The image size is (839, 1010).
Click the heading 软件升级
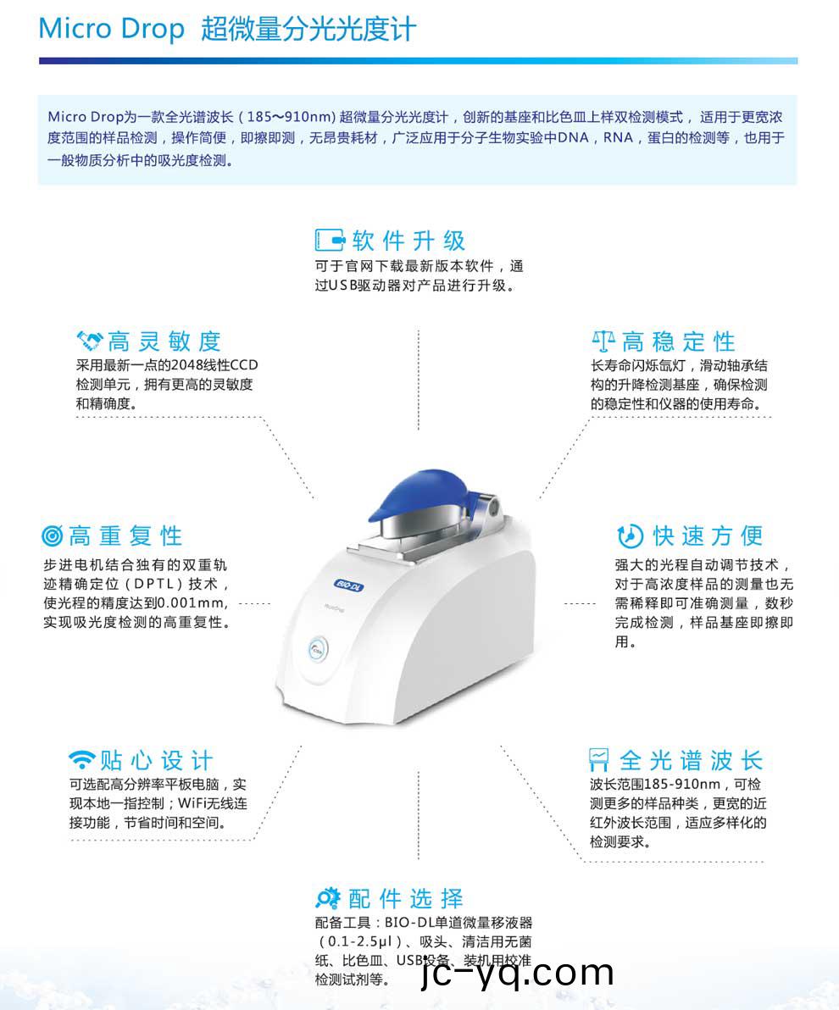408,241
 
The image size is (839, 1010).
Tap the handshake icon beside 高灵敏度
89,341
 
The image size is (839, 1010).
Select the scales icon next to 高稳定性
603,341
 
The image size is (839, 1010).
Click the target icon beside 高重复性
52,536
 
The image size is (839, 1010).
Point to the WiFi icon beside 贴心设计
82,758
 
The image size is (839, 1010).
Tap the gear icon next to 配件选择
327,897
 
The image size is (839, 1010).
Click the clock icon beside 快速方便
629,536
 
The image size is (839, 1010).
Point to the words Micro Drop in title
111,29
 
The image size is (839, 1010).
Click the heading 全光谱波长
691,759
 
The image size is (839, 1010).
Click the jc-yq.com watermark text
517,973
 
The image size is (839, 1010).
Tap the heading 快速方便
708,536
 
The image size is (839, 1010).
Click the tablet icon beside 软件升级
330,241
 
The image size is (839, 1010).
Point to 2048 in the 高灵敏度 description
186,365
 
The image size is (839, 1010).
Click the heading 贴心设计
157,759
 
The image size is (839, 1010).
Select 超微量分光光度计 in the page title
308,29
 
